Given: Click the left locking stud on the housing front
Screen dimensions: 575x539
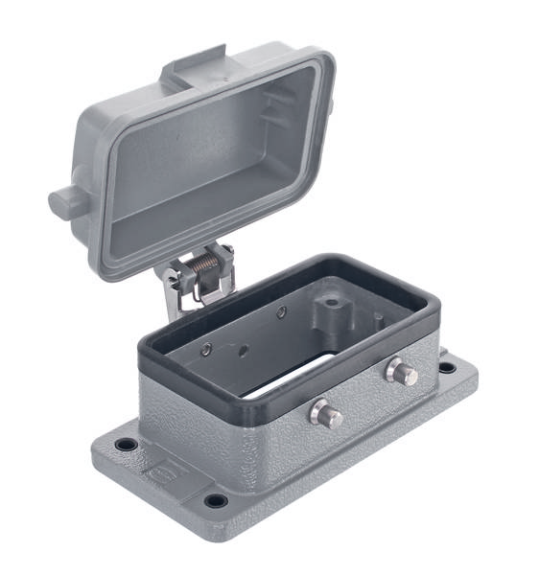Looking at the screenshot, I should pos(326,414).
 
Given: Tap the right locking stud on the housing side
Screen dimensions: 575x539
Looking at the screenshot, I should pos(403,373).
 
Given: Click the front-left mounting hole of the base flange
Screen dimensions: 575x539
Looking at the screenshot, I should pos(125,445).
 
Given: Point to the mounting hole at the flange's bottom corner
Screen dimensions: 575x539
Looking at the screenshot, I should pos(217,500).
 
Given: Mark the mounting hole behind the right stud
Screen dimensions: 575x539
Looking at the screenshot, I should pos(447,367).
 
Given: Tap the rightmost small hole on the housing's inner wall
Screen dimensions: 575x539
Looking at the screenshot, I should pos(280,312).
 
